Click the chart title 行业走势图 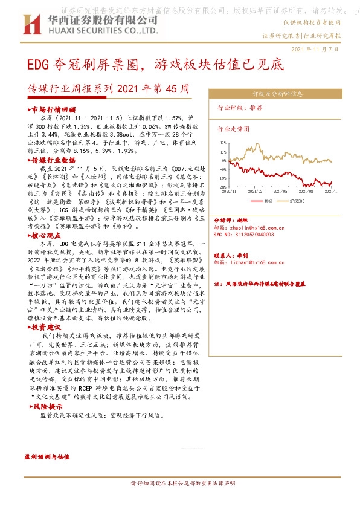point(234,129)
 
